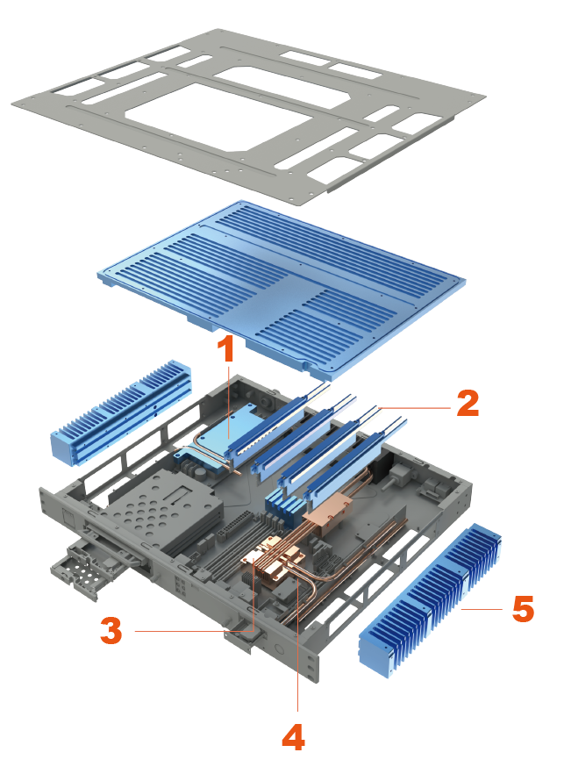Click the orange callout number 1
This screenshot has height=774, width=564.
(x=226, y=350)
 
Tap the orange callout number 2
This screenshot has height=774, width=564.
(x=468, y=403)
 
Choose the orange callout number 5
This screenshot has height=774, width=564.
(x=523, y=609)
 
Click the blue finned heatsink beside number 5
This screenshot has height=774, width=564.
(x=431, y=602)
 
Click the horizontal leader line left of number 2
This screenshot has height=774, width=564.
(x=412, y=407)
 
